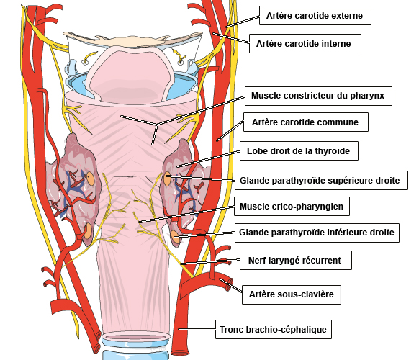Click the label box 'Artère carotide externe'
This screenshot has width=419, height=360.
coord(315,16)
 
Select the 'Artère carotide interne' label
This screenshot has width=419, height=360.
coord(305,44)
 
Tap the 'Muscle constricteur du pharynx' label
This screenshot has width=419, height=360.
coord(318,96)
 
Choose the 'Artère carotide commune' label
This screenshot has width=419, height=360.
coord(306,122)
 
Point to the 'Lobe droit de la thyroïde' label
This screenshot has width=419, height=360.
coord(299,151)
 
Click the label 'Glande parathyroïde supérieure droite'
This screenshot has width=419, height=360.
coord(321,181)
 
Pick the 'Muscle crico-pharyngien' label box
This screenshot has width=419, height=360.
coord(292,207)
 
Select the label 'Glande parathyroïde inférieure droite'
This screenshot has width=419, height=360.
coord(317,233)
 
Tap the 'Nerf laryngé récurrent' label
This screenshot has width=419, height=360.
coord(296,261)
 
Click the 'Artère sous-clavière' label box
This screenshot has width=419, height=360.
coord(292,294)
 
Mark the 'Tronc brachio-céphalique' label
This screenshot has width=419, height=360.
coord(274,329)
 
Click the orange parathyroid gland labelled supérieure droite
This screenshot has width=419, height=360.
coord(167,179)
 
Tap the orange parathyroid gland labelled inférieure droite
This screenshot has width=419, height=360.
coord(174,236)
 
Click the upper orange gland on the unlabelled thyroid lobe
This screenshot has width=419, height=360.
coord(90,178)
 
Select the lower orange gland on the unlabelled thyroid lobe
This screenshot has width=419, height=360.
coord(87,231)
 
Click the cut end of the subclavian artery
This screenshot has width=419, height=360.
coord(229,284)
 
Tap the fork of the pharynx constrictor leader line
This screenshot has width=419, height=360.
coord(157,125)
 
